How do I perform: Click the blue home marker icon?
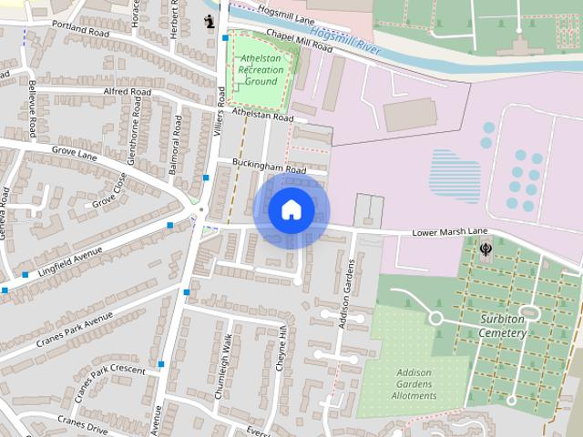pyautogui.click(x=291, y=210)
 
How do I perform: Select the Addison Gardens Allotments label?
pyautogui.click(x=414, y=383)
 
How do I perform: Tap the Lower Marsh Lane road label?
pyautogui.click(x=450, y=233)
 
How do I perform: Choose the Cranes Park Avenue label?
pyautogui.click(x=75, y=330)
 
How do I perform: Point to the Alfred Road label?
pyautogui.click(x=128, y=92)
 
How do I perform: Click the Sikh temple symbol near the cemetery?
pyautogui.click(x=484, y=248)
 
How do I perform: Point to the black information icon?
pyautogui.click(x=210, y=20)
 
